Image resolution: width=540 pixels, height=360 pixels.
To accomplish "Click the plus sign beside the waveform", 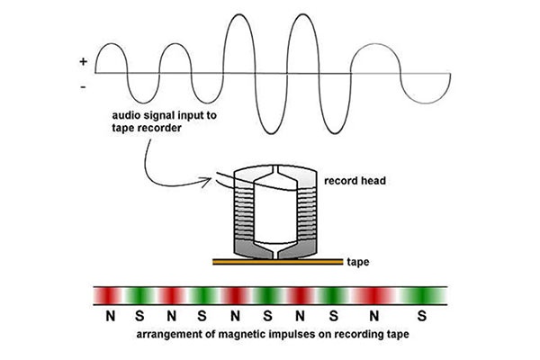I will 84,62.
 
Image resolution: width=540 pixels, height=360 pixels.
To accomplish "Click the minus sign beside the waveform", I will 84,87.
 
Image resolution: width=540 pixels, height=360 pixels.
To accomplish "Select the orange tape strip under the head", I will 278,262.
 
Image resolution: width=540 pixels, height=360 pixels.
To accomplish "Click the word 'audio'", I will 123,117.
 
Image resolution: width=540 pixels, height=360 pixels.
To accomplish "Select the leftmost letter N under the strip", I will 110,316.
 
